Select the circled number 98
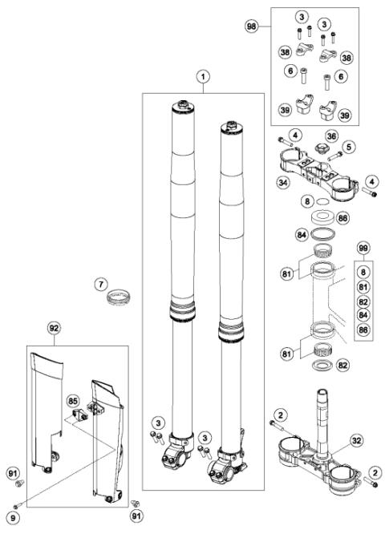(x=251, y=26)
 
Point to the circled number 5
(x=349, y=148)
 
